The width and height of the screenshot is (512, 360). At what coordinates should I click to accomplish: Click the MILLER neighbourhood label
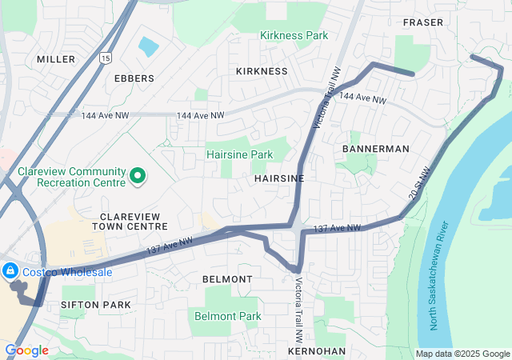click(56, 59)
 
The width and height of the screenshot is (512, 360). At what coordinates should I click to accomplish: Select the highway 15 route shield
click(106, 59)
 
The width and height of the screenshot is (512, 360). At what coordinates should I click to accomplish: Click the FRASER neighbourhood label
click(423, 22)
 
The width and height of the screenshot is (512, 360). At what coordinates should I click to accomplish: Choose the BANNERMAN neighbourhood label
click(375, 149)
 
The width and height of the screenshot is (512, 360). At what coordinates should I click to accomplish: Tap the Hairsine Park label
click(239, 154)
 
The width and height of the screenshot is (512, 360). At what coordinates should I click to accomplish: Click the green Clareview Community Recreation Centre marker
click(137, 175)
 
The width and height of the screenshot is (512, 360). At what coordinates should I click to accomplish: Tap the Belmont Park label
click(228, 316)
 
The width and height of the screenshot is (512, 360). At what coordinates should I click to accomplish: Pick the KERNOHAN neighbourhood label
click(318, 351)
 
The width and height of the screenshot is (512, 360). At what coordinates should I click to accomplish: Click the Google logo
click(26, 350)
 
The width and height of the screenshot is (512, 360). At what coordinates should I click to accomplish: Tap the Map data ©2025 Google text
click(462, 354)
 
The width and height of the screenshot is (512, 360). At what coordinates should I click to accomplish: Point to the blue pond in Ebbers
click(148, 46)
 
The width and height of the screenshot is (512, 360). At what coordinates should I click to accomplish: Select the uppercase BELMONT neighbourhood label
click(227, 279)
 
